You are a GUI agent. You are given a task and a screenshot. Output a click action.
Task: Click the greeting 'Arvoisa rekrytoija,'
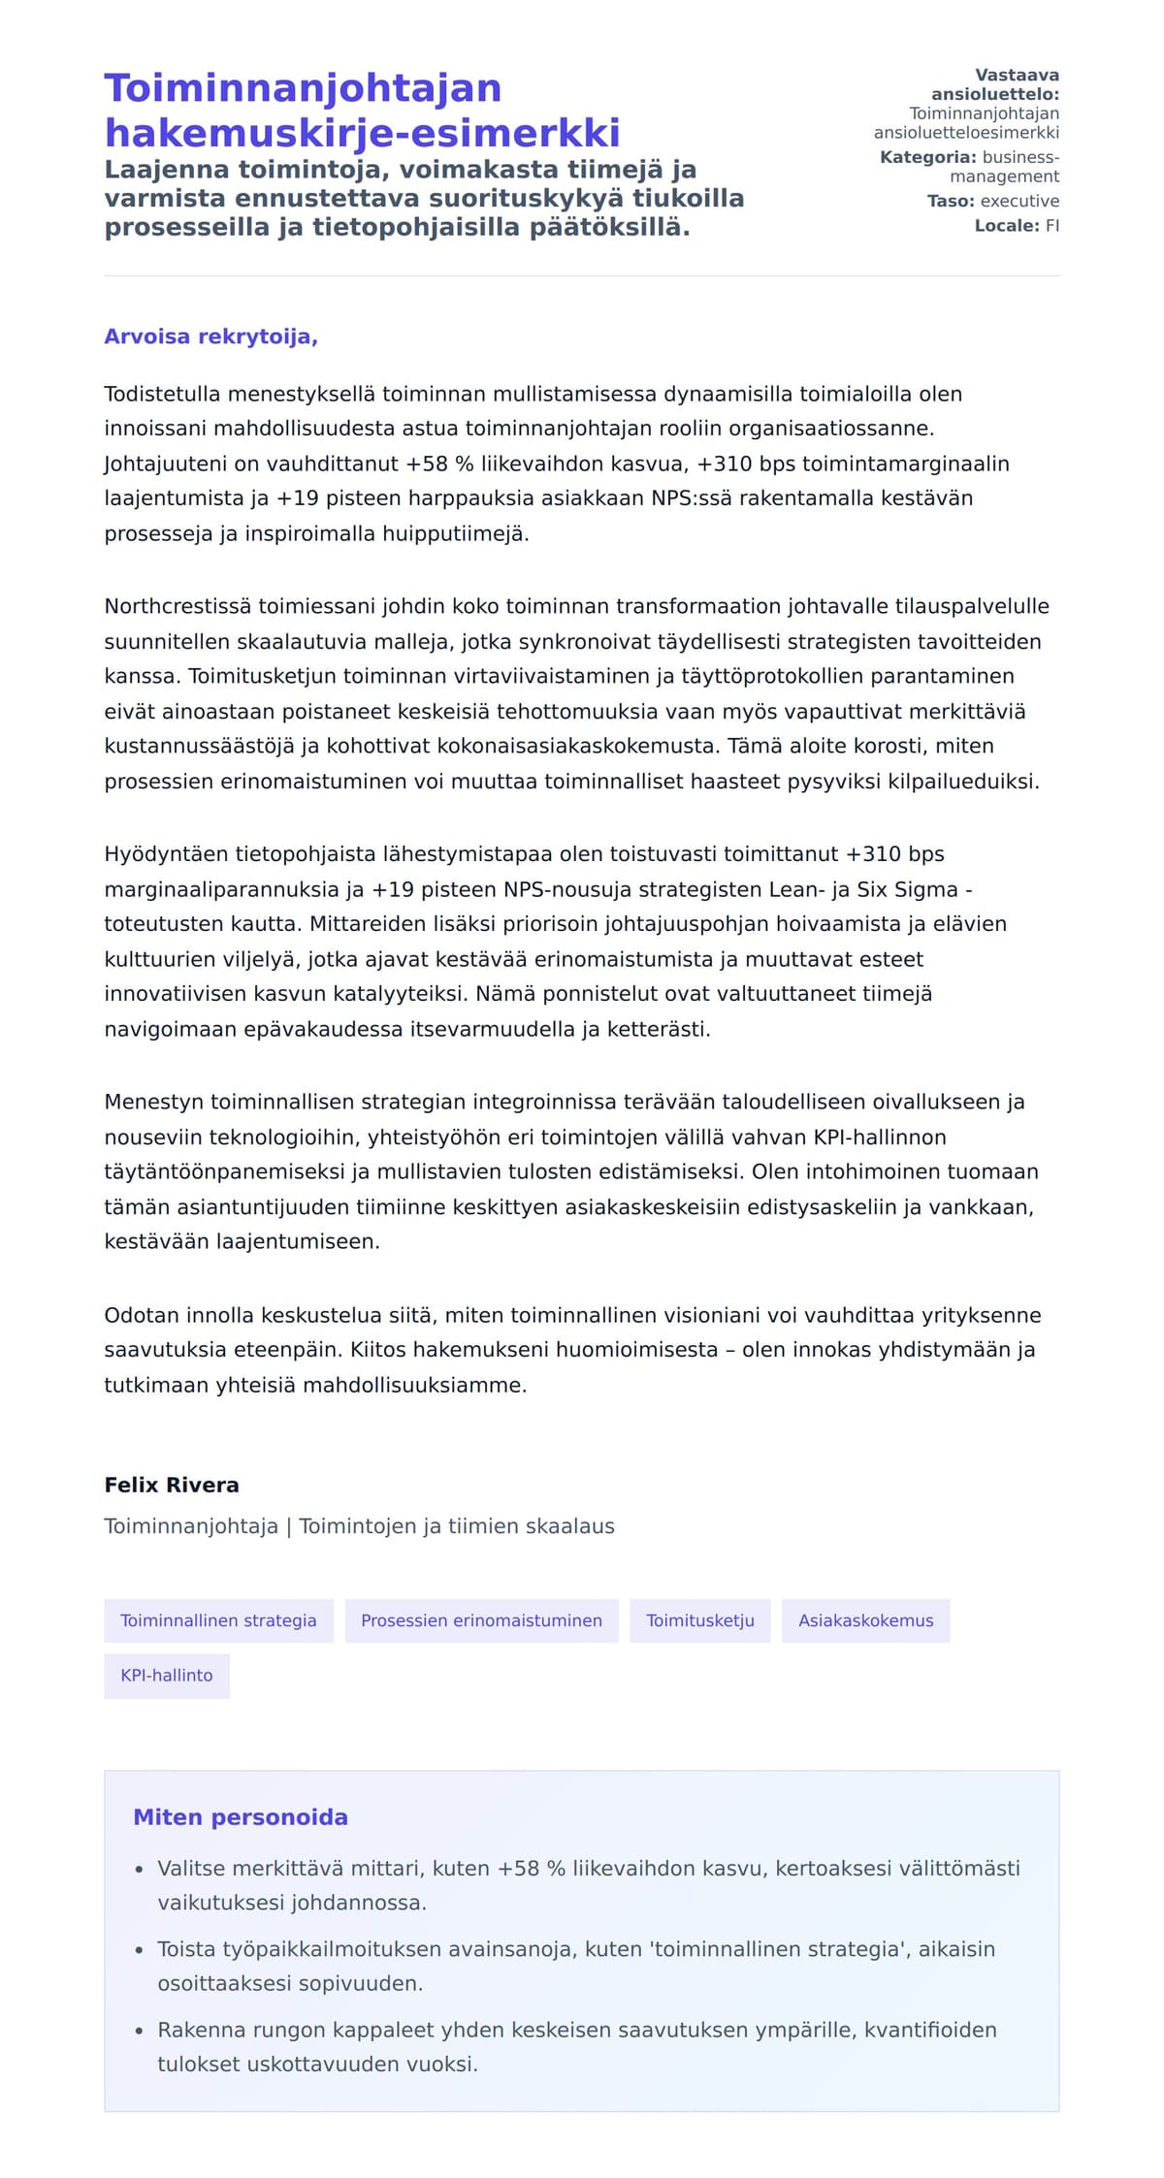210,336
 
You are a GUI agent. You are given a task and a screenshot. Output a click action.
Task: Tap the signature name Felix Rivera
172,1485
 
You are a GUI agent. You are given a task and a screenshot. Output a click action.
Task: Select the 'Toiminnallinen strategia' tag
218,1620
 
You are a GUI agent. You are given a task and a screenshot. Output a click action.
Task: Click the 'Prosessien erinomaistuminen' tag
481,1620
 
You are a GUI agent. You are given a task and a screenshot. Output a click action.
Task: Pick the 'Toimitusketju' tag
699,1620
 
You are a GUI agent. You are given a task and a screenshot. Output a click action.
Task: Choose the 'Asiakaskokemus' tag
865,1620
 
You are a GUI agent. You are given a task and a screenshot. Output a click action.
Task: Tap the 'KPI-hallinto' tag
166,1675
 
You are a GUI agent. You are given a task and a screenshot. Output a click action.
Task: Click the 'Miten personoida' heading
240,1817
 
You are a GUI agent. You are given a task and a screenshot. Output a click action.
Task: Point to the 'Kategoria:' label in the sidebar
927,157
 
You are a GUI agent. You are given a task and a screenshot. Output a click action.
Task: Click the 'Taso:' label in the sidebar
951,201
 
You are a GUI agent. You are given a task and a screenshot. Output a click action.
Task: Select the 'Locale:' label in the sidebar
1007,226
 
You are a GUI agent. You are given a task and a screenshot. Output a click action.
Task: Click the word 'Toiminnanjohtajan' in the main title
303,88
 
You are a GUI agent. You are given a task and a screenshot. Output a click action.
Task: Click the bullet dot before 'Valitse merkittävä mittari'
140,1869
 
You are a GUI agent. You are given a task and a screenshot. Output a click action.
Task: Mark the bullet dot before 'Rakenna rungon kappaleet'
140,2031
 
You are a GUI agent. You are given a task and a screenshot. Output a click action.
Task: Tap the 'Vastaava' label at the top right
1017,76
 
